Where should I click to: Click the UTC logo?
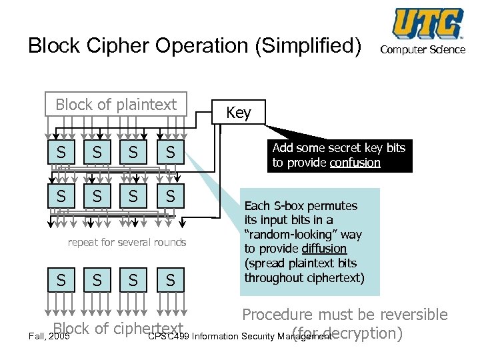coord(427,25)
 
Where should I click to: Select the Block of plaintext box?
coord(116,105)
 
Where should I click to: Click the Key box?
coord(239,113)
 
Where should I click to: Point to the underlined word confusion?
coord(355,163)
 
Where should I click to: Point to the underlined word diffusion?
coord(323,249)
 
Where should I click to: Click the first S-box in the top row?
coord(61,153)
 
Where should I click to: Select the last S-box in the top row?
coord(171,153)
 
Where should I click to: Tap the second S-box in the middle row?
coord(97,196)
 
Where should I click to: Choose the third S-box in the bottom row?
coord(133,280)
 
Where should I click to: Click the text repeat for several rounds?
coord(127,242)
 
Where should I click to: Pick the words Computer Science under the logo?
coord(423,49)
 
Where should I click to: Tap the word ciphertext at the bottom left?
coord(148,329)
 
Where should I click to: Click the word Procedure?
coord(279,315)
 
